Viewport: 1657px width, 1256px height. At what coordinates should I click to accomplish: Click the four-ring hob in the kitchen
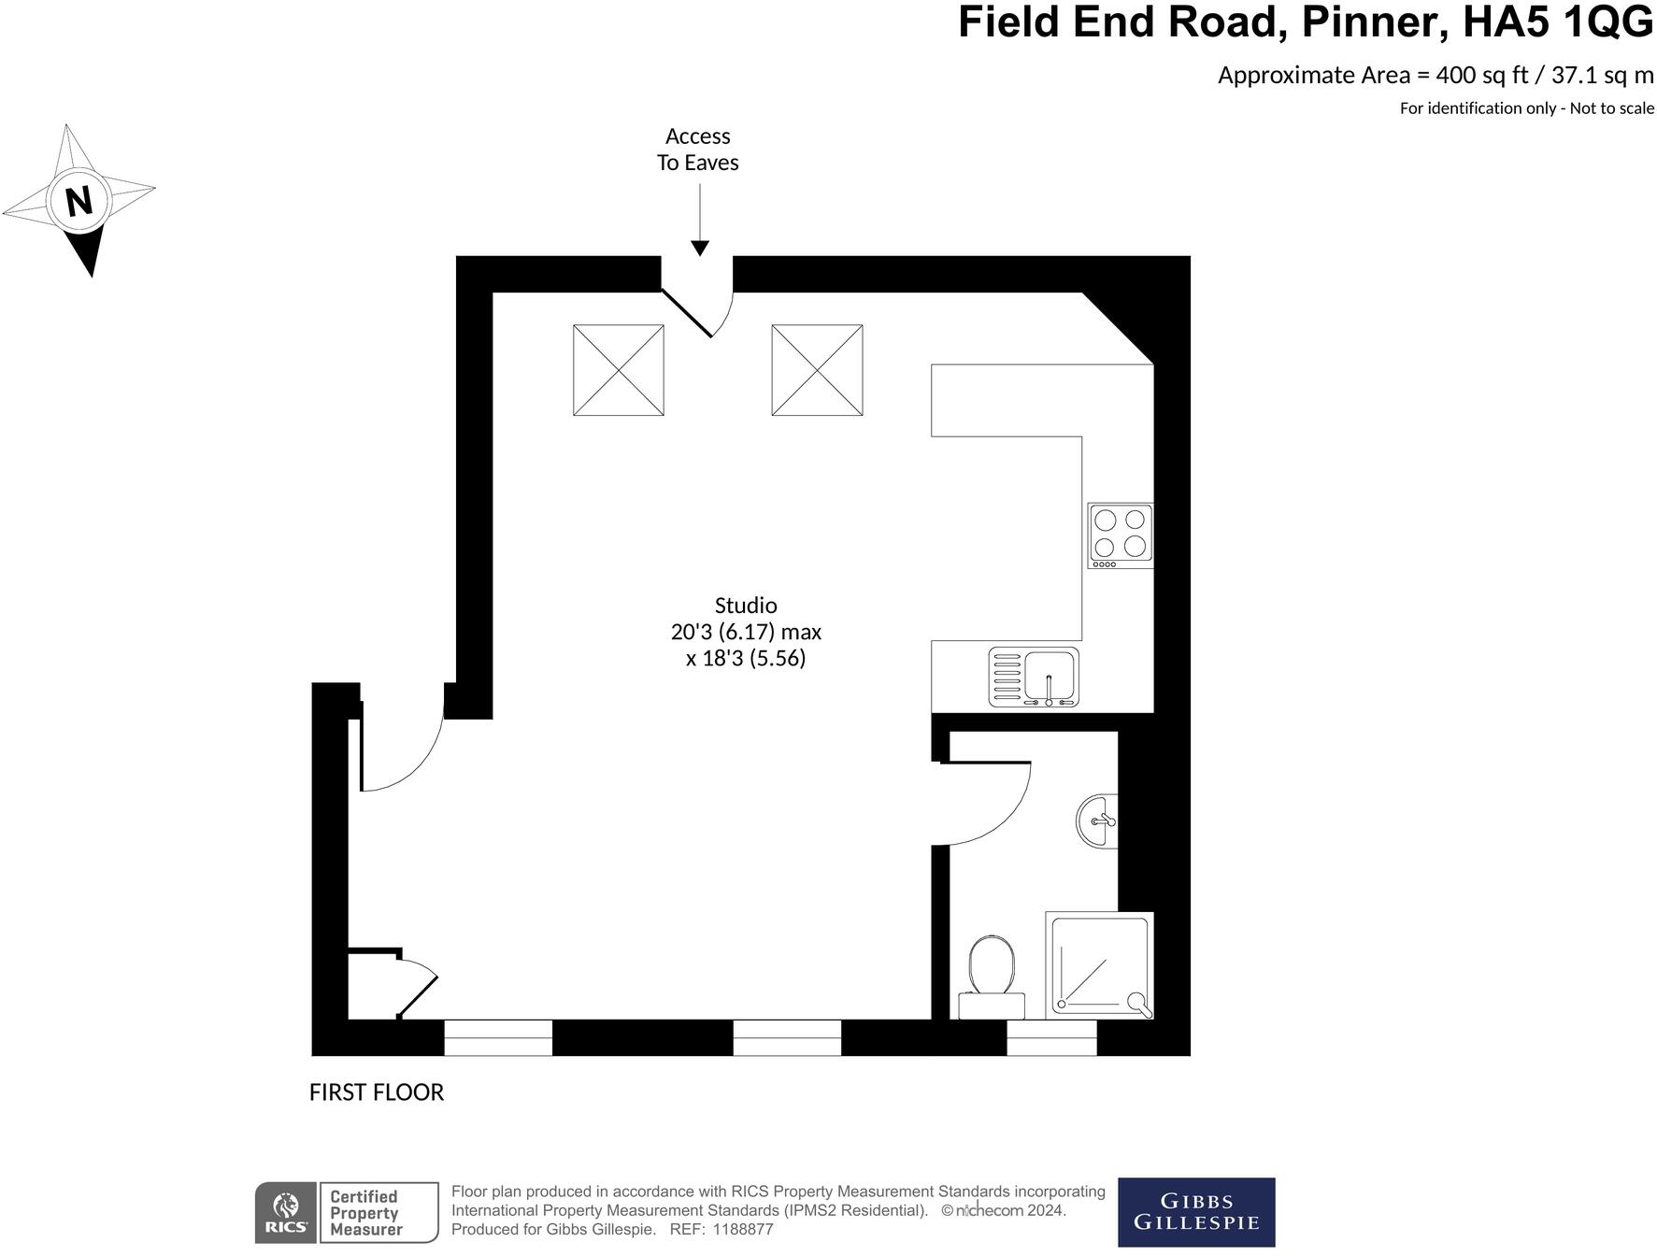coord(1120,535)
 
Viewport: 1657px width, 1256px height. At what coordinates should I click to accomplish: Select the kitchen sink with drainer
coord(1033,677)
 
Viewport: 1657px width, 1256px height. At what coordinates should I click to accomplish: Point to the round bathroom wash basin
coord(1098,821)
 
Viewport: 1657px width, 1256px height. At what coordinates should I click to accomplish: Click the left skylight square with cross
coord(618,370)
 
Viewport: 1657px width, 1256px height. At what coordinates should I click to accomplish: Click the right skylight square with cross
coord(817,370)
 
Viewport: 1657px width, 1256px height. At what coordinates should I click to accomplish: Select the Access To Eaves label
coord(697,150)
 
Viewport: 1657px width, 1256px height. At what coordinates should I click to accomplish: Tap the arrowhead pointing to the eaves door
coord(699,248)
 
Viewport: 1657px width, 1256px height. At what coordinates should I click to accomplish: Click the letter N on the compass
coord(79,200)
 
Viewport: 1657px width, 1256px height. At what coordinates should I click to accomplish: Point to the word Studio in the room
coord(745,606)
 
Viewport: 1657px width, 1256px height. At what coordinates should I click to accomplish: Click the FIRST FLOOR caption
coord(376,1092)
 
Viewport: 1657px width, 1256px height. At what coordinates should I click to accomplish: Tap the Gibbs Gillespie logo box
coord(1195,1212)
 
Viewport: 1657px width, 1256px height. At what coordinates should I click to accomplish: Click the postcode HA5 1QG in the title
coord(1557,22)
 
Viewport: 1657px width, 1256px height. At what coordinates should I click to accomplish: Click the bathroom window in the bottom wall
coord(1050,1038)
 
